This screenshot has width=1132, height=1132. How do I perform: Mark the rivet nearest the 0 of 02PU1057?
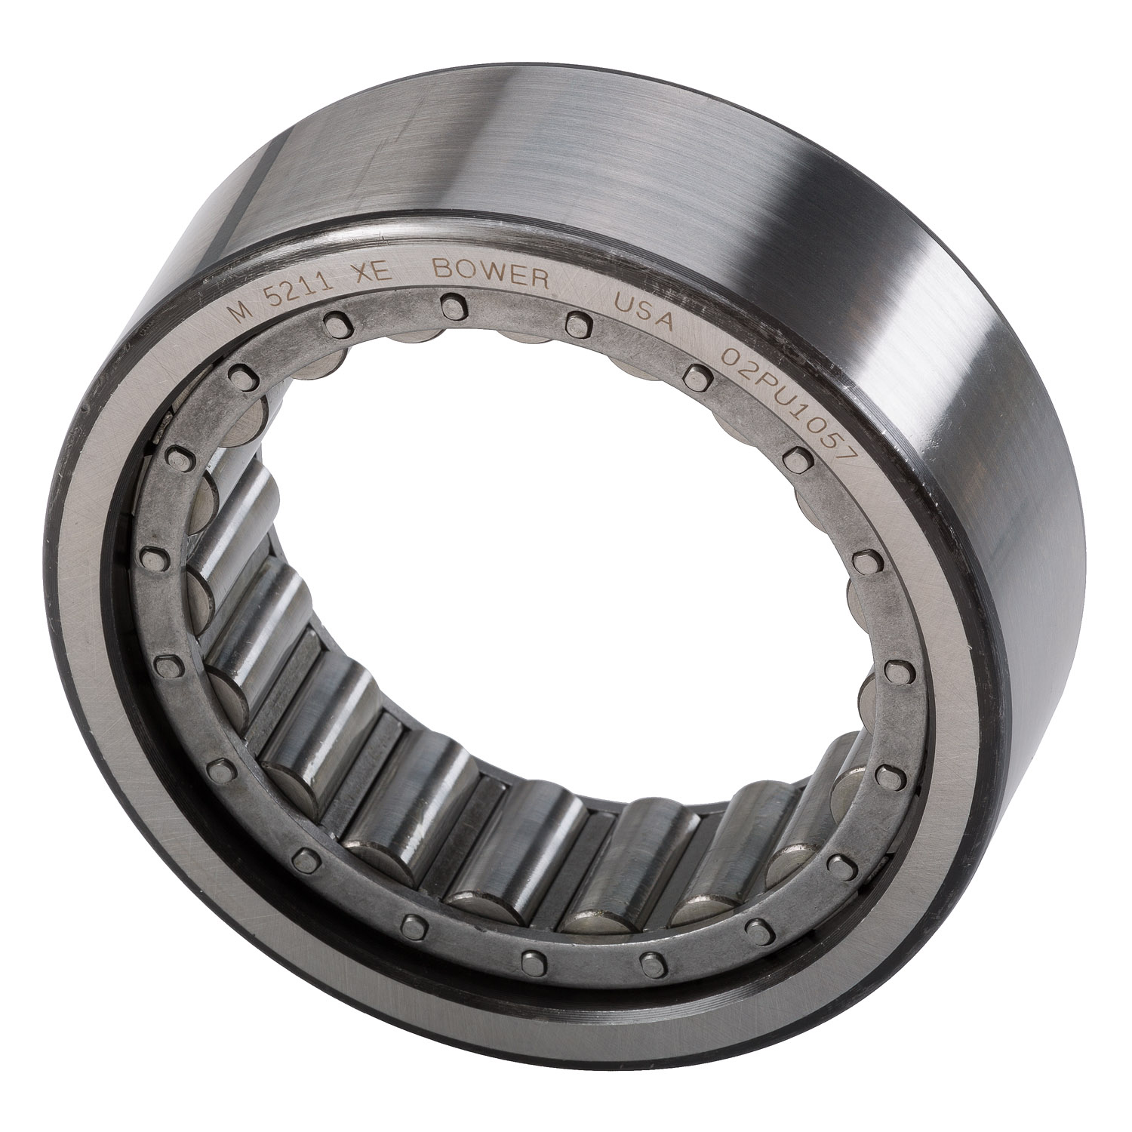697,375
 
